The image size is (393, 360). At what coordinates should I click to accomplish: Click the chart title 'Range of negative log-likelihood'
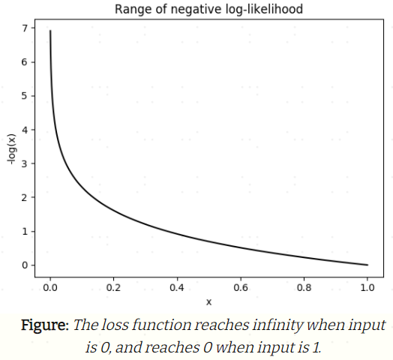click(x=209, y=10)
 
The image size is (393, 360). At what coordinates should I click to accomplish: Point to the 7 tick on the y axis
click(x=24, y=28)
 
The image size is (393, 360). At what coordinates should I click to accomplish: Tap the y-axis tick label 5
click(x=24, y=96)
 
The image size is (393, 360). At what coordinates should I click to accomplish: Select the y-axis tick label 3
click(x=24, y=163)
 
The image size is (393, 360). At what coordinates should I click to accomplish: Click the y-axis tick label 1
click(x=24, y=231)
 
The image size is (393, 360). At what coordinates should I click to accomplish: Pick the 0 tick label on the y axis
click(x=24, y=265)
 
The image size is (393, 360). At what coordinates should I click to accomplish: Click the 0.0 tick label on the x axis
click(x=50, y=287)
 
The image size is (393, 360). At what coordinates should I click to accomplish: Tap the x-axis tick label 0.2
click(x=114, y=287)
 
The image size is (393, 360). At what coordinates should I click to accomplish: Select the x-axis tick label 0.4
click(x=177, y=287)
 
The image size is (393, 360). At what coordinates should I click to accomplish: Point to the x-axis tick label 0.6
click(x=241, y=287)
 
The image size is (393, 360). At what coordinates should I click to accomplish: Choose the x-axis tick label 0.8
click(x=304, y=287)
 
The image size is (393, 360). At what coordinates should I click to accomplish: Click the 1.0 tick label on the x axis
click(x=367, y=287)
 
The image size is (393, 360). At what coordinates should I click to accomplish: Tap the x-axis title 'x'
click(x=209, y=301)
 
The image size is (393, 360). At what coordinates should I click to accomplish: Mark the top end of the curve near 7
click(x=50, y=31)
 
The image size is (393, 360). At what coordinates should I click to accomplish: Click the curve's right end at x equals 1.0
click(x=367, y=265)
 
